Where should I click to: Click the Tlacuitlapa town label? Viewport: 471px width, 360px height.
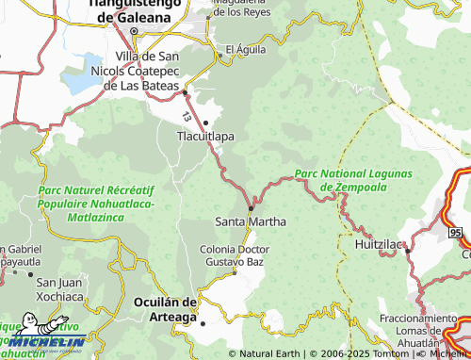click(x=206, y=136)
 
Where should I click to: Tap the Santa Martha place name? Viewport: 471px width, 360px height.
click(x=251, y=221)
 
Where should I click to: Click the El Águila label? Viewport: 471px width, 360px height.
click(x=245, y=49)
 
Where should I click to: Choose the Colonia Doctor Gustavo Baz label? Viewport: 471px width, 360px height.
click(x=235, y=254)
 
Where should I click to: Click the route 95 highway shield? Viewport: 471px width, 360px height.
click(x=456, y=232)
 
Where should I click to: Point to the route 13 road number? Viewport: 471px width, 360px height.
click(x=187, y=117)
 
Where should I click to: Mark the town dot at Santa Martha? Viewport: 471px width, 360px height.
click(x=250, y=208)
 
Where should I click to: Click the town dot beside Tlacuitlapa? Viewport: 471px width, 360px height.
click(x=205, y=123)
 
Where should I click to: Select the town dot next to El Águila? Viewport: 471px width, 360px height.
click(x=221, y=56)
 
